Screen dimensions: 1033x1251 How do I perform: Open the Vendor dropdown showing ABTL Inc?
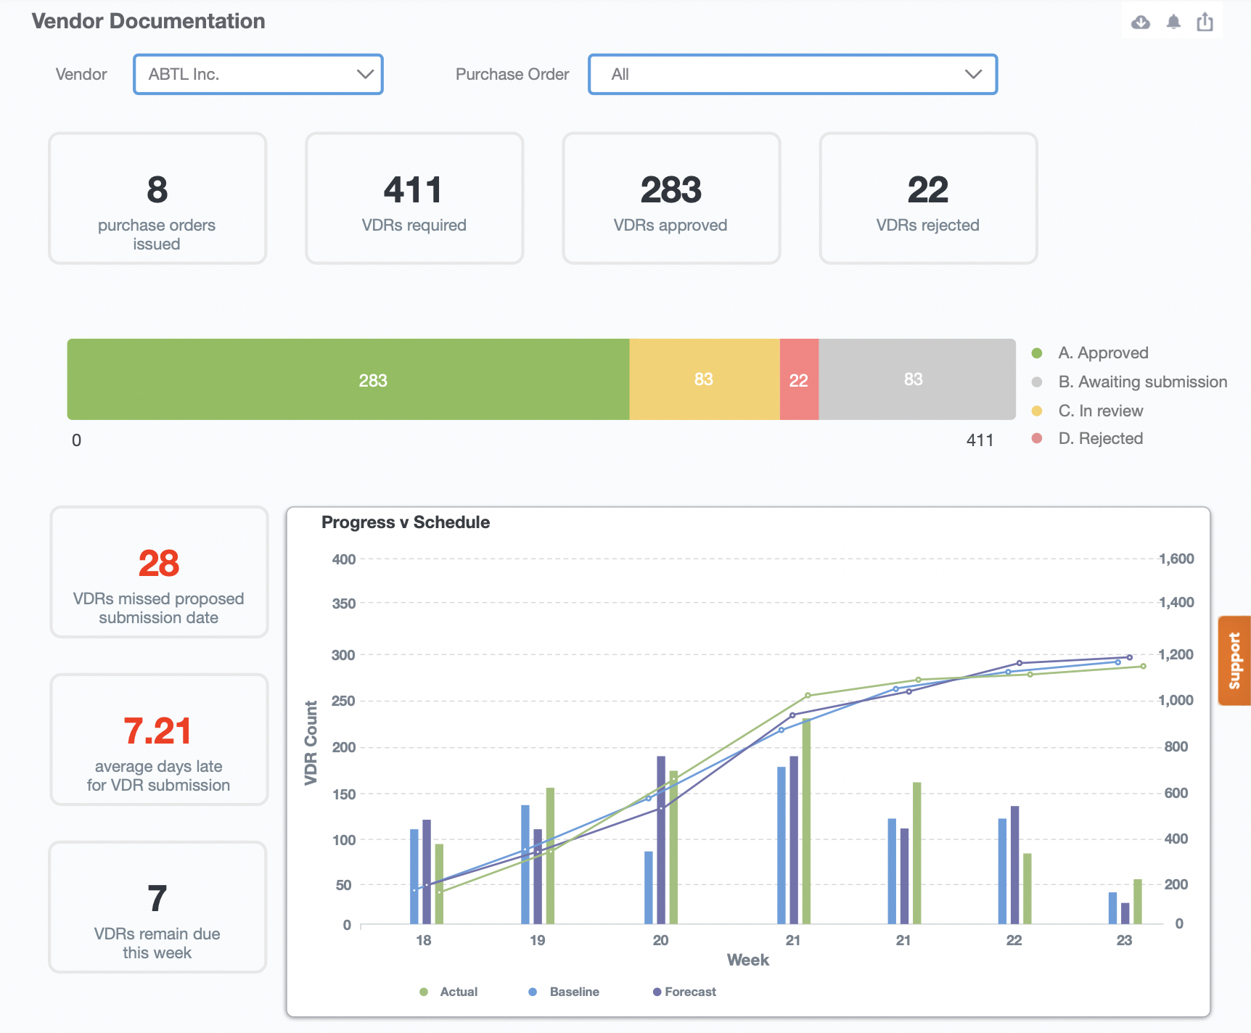pos(258,74)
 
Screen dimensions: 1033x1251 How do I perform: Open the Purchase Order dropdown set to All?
pos(792,74)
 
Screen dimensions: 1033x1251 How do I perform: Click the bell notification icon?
pos(1173,22)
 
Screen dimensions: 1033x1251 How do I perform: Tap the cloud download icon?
pos(1141,22)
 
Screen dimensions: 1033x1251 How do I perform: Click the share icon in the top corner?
pos(1205,22)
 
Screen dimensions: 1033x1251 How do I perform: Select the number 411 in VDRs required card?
pos(413,190)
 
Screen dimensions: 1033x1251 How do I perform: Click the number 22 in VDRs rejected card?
pos(927,190)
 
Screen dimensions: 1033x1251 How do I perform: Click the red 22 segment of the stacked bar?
pos(799,379)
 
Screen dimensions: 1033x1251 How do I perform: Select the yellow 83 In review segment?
pos(704,379)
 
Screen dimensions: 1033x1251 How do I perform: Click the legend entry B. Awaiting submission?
pos(1141,382)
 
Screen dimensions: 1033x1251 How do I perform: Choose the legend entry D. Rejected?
pos(1099,438)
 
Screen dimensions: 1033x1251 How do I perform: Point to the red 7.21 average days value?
pos(157,730)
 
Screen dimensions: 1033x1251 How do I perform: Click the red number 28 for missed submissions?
pos(159,563)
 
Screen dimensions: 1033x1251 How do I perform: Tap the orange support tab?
pos(1234,660)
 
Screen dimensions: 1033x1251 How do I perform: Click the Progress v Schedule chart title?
pos(405,522)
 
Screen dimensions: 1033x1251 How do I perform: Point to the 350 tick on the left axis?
pos(343,604)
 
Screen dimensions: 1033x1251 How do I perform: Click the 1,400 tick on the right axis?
pos(1176,602)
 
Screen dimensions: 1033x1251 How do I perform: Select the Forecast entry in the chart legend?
pos(689,992)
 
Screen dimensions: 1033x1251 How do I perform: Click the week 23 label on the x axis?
pos(1124,940)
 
